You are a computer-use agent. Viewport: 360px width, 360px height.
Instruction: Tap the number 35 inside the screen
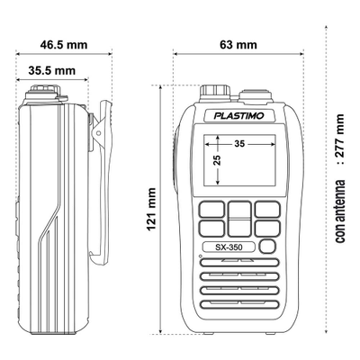[x=238, y=143]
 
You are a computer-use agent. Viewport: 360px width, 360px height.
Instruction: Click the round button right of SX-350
[x=266, y=247]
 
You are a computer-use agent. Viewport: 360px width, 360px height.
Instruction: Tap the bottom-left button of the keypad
[x=211, y=229]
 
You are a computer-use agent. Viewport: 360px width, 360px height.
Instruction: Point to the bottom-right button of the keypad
[x=267, y=229]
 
